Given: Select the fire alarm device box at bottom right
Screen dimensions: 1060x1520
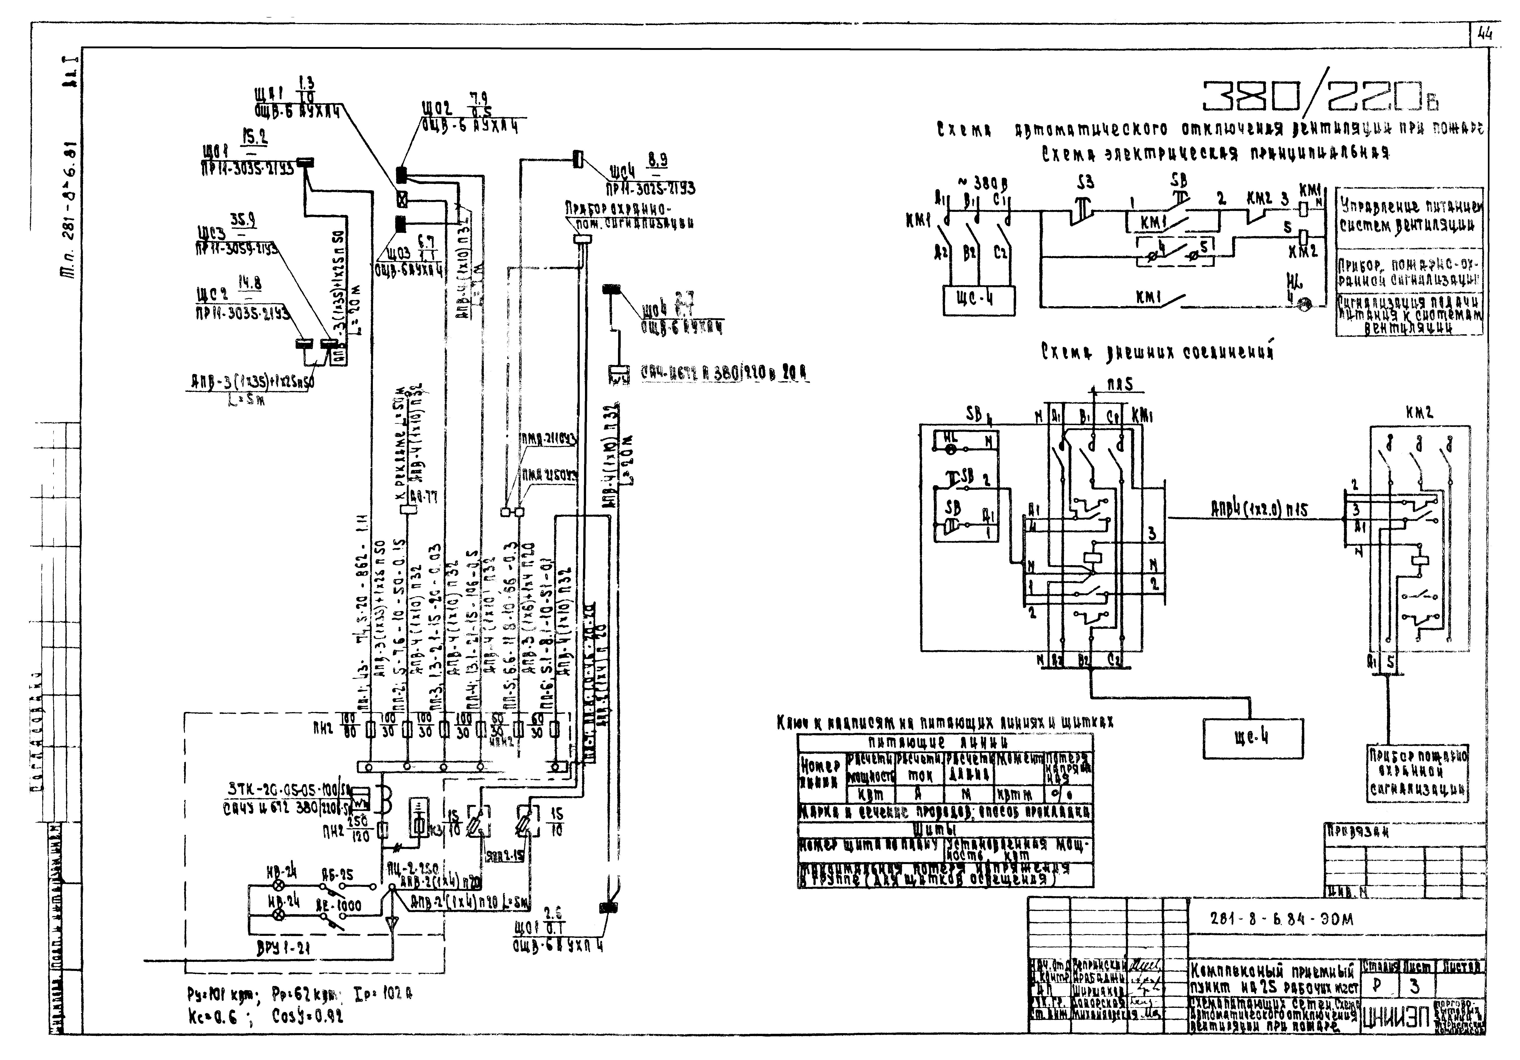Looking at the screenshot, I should tap(1417, 772).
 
